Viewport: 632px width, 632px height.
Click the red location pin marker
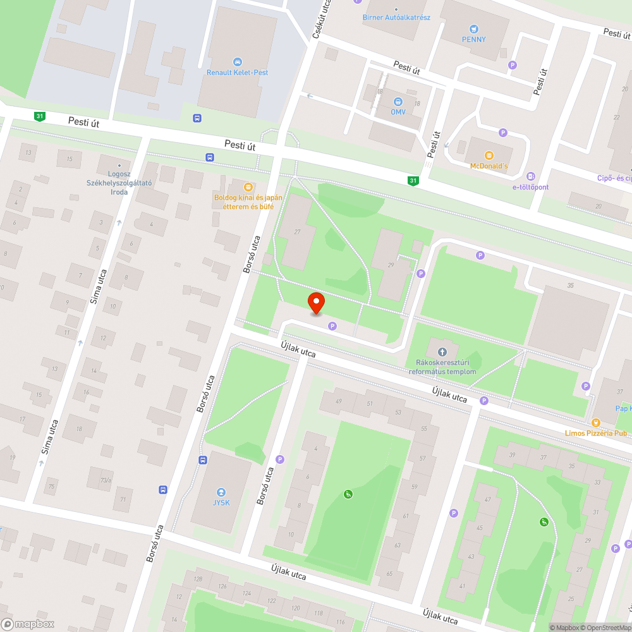click(x=315, y=303)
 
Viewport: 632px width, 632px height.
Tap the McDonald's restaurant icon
click(x=489, y=155)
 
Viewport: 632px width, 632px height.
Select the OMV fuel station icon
click(x=398, y=101)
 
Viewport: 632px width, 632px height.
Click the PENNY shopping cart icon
click(x=473, y=28)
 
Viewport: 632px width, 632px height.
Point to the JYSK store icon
click(x=221, y=492)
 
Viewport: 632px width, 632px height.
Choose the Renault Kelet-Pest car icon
click(x=237, y=61)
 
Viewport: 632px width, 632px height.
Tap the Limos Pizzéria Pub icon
click(x=595, y=422)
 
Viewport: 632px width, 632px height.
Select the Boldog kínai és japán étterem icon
click(x=248, y=186)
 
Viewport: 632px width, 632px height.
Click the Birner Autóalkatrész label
click(x=396, y=17)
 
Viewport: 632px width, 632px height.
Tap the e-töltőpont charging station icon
click(x=530, y=176)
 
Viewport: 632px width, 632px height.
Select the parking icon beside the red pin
click(x=332, y=325)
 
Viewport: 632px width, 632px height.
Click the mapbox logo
click(x=28, y=624)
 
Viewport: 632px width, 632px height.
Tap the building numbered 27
click(x=296, y=232)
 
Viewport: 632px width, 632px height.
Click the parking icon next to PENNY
click(x=513, y=64)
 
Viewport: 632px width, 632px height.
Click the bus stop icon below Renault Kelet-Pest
click(x=197, y=118)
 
